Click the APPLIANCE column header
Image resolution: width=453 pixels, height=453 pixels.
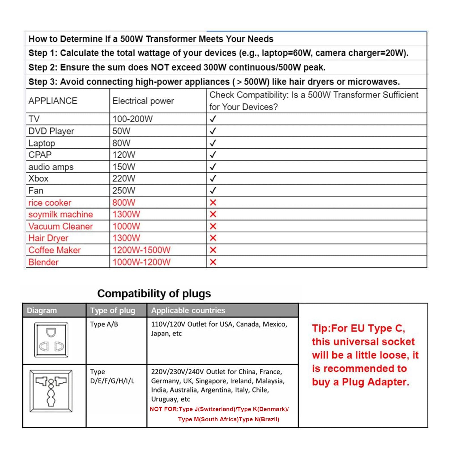pos(53,101)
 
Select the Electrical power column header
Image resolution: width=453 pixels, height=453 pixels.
pos(143,101)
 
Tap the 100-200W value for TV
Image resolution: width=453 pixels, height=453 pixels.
pos(133,119)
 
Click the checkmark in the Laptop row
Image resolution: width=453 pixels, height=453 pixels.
pos(213,143)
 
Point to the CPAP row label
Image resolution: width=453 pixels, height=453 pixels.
pos(40,155)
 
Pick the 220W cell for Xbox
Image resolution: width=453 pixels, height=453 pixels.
pos(124,179)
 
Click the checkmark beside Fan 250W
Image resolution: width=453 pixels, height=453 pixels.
pos(213,191)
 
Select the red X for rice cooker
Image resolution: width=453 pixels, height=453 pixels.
pos(213,202)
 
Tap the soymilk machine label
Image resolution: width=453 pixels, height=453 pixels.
pos(61,214)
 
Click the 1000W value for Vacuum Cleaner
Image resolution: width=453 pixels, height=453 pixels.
pos(126,226)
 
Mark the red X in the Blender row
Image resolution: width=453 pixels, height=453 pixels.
pos(213,262)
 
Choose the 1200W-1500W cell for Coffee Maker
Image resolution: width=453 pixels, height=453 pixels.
pos(142,250)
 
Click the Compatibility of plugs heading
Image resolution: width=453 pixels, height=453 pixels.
pos(154,294)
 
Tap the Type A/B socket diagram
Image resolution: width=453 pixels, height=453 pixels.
pos(51,340)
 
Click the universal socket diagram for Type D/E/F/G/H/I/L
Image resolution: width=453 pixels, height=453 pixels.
pos(51,391)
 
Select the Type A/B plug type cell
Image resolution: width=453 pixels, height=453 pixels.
pos(104,324)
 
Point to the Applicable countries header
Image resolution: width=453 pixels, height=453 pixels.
pos(188,311)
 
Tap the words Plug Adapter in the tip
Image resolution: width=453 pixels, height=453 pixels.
pos(375,382)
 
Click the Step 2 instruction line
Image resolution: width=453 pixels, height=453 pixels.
pos(177,67)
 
